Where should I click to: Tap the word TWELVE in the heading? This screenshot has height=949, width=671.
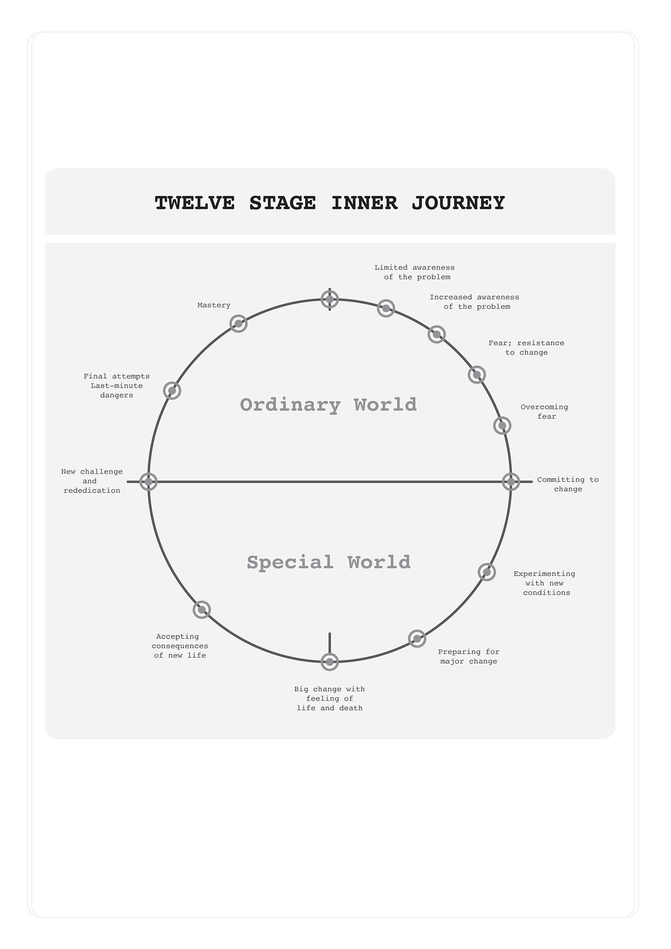point(195,203)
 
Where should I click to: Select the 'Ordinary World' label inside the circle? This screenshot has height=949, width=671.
point(329,405)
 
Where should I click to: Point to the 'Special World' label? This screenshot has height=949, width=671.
point(329,562)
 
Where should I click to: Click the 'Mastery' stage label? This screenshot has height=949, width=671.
point(214,305)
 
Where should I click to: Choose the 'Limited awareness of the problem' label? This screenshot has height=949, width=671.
point(414,272)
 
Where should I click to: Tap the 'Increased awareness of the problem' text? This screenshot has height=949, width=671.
point(474,302)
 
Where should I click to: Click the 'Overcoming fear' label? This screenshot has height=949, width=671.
point(544,412)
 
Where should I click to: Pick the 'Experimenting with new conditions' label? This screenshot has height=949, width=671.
point(544,583)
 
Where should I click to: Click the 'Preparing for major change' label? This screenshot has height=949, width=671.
point(469,656)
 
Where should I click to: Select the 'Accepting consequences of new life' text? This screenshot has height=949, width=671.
point(180,646)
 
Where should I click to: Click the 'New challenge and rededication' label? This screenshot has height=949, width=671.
point(92,481)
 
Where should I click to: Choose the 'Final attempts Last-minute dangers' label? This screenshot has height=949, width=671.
point(116,386)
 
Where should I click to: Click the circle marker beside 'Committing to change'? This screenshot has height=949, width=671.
point(511,482)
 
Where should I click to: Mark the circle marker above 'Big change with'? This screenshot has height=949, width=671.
point(330,662)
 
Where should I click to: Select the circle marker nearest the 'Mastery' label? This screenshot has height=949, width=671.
point(238,324)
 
